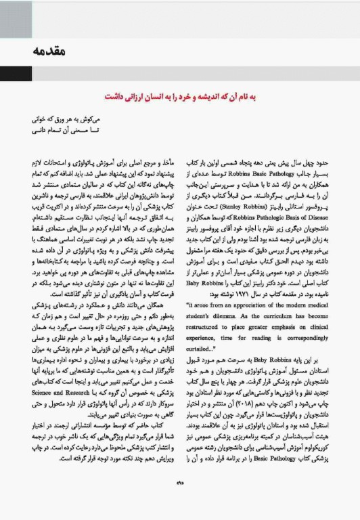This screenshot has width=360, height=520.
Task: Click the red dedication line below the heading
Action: [x=179, y=97]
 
